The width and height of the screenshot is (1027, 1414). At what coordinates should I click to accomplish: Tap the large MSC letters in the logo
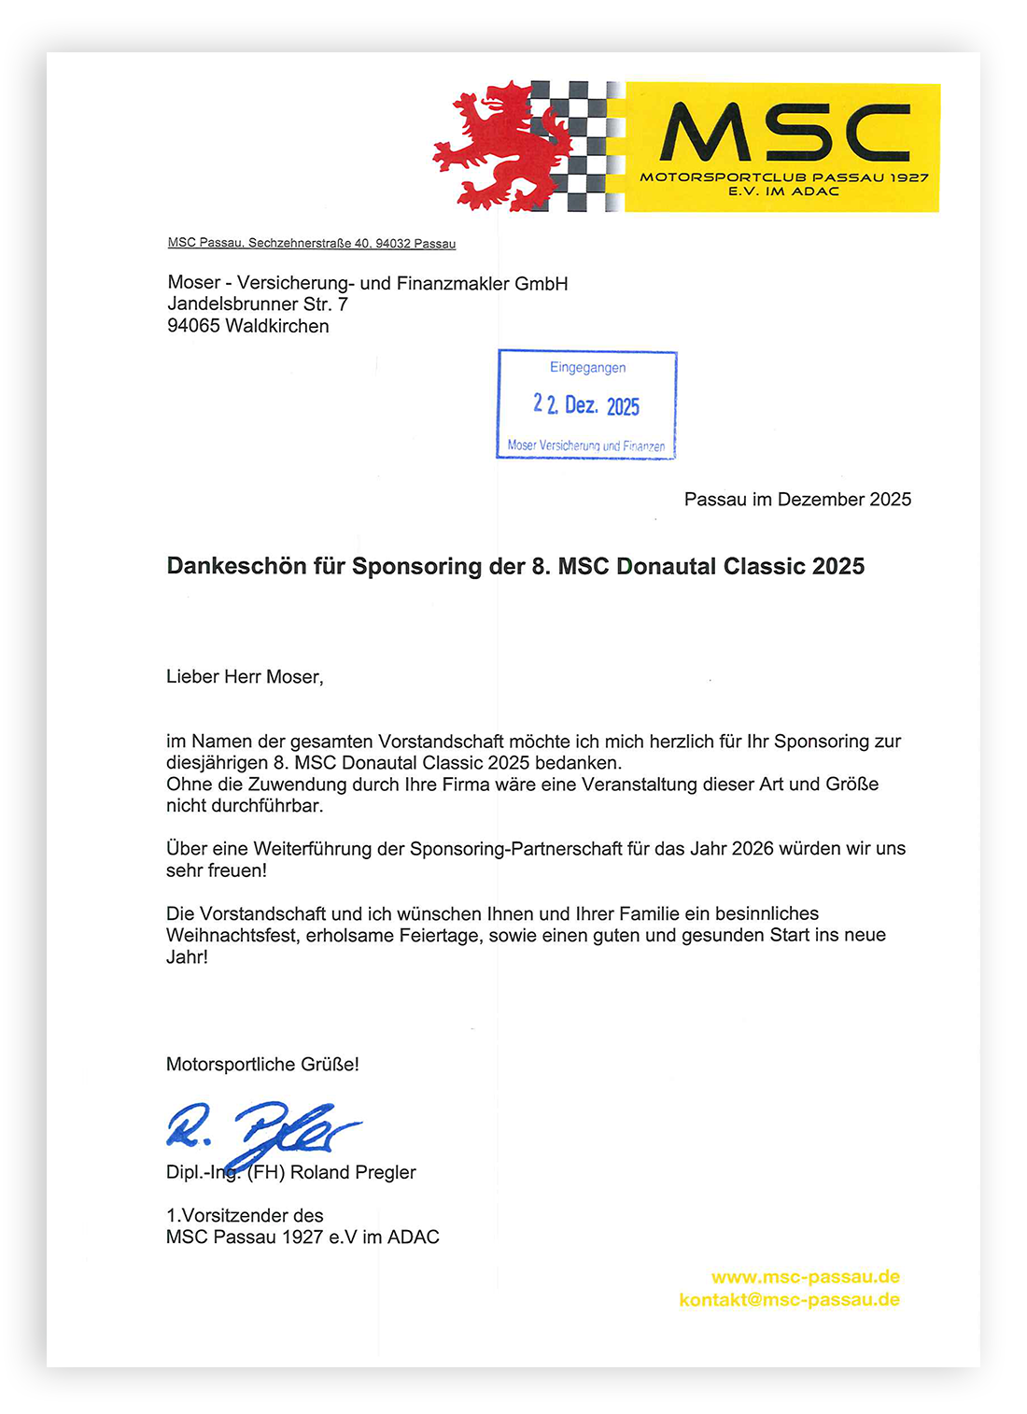[x=784, y=133]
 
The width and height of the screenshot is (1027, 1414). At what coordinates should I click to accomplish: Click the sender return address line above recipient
[x=312, y=244]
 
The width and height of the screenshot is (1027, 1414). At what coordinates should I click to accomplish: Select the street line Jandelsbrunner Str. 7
[x=258, y=304]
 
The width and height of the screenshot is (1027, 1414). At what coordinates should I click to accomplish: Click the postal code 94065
[x=193, y=326]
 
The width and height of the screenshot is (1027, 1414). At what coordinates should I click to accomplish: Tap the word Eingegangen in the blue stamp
[x=587, y=368]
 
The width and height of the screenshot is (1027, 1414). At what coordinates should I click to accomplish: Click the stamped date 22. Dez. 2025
[x=586, y=405]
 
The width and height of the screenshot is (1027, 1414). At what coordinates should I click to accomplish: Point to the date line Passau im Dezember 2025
[x=797, y=500]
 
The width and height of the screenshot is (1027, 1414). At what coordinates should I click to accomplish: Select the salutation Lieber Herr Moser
[x=245, y=677]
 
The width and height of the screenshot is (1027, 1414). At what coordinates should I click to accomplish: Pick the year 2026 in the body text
[x=753, y=849]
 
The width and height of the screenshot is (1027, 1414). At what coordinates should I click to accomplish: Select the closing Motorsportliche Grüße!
[x=262, y=1065]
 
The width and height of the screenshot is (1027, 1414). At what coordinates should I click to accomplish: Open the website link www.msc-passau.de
[x=805, y=1278]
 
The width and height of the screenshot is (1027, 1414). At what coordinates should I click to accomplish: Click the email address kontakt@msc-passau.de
[x=789, y=1300]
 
